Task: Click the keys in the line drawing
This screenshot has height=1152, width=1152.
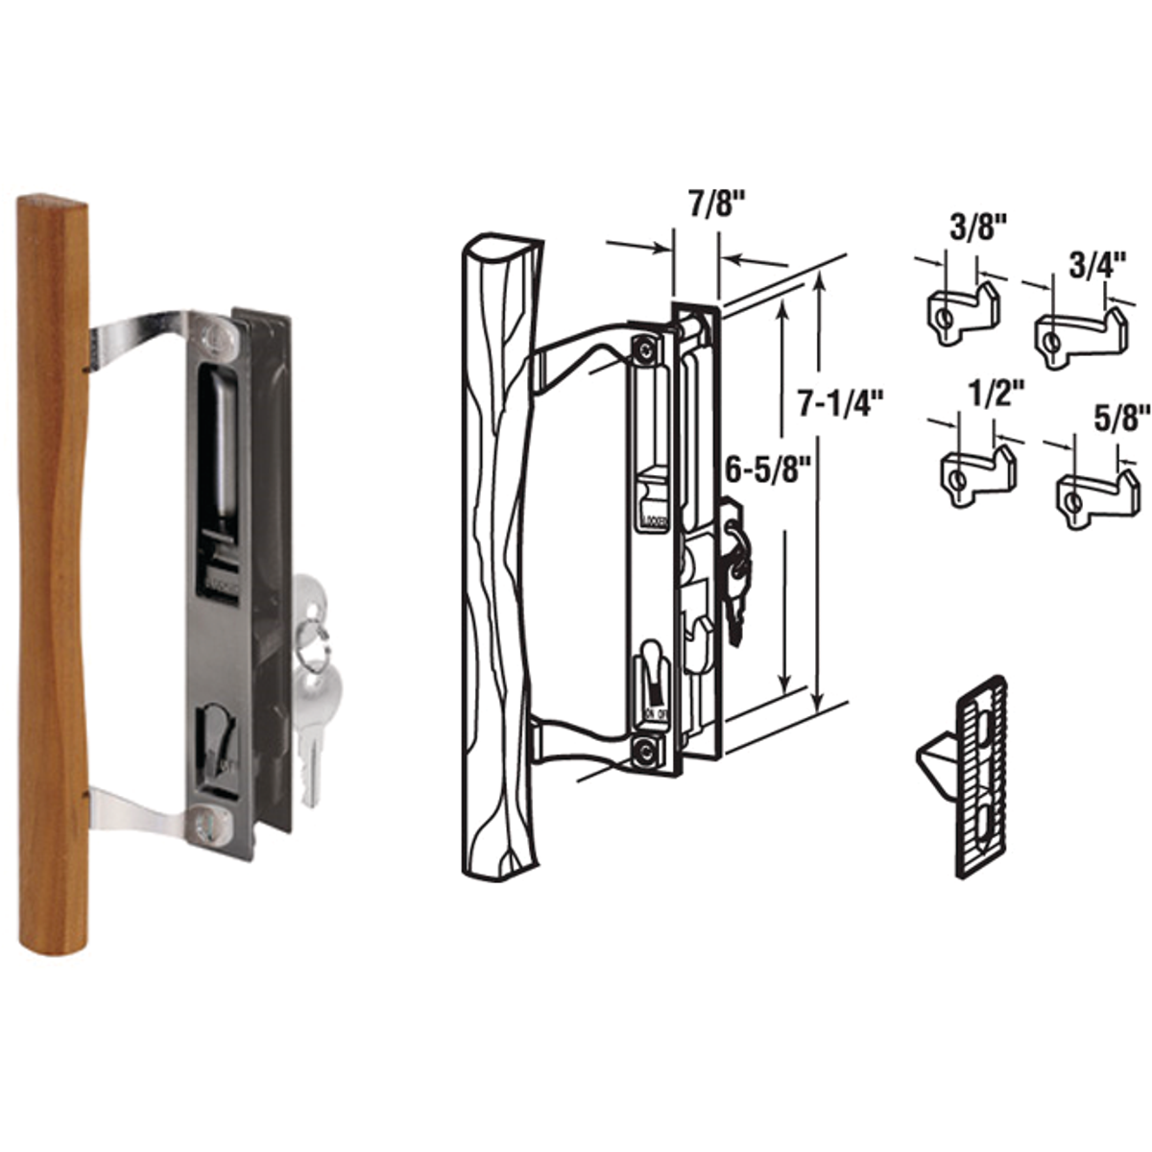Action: click(x=735, y=576)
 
